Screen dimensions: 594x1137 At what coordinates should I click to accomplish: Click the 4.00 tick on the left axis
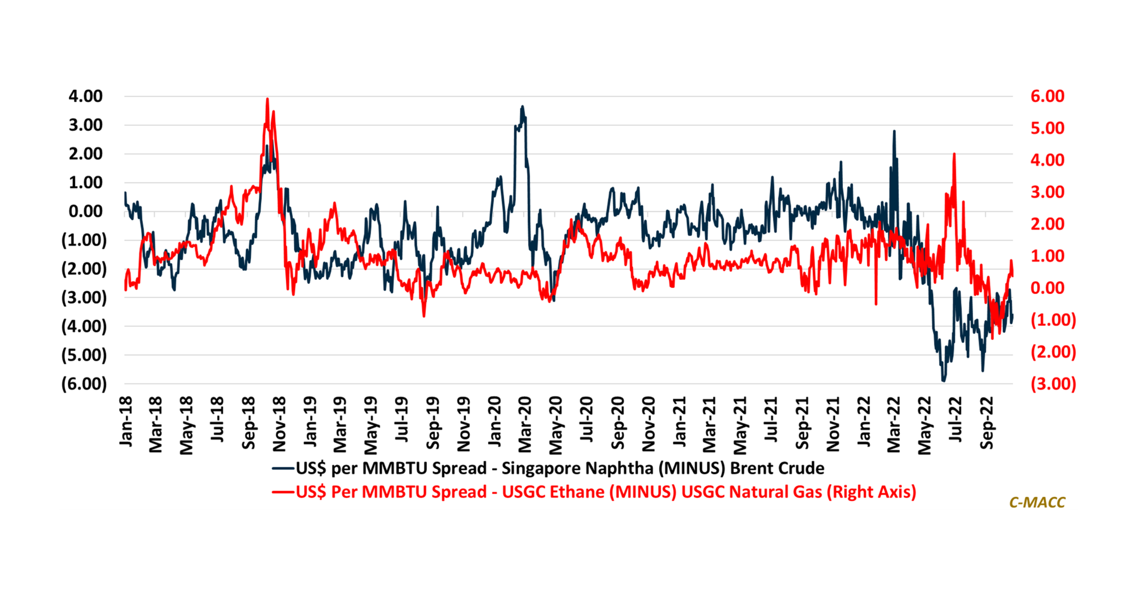[x=86, y=96]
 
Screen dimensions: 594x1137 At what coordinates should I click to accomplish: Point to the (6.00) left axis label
[x=84, y=384]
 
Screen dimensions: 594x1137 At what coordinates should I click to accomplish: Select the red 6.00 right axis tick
[x=1047, y=96]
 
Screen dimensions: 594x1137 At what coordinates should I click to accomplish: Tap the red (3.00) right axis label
[x=1053, y=384]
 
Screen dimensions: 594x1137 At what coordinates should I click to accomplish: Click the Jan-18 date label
[x=126, y=422]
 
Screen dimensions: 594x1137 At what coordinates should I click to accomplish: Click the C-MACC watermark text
[x=1037, y=502]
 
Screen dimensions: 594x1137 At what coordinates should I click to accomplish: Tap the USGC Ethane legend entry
[x=594, y=492]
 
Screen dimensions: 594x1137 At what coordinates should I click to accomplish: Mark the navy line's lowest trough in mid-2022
[x=944, y=381]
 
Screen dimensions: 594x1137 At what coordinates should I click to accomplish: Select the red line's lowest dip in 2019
[x=424, y=316]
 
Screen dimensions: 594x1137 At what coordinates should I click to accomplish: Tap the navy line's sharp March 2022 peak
[x=894, y=131]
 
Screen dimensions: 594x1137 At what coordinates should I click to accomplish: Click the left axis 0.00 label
[x=86, y=211]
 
